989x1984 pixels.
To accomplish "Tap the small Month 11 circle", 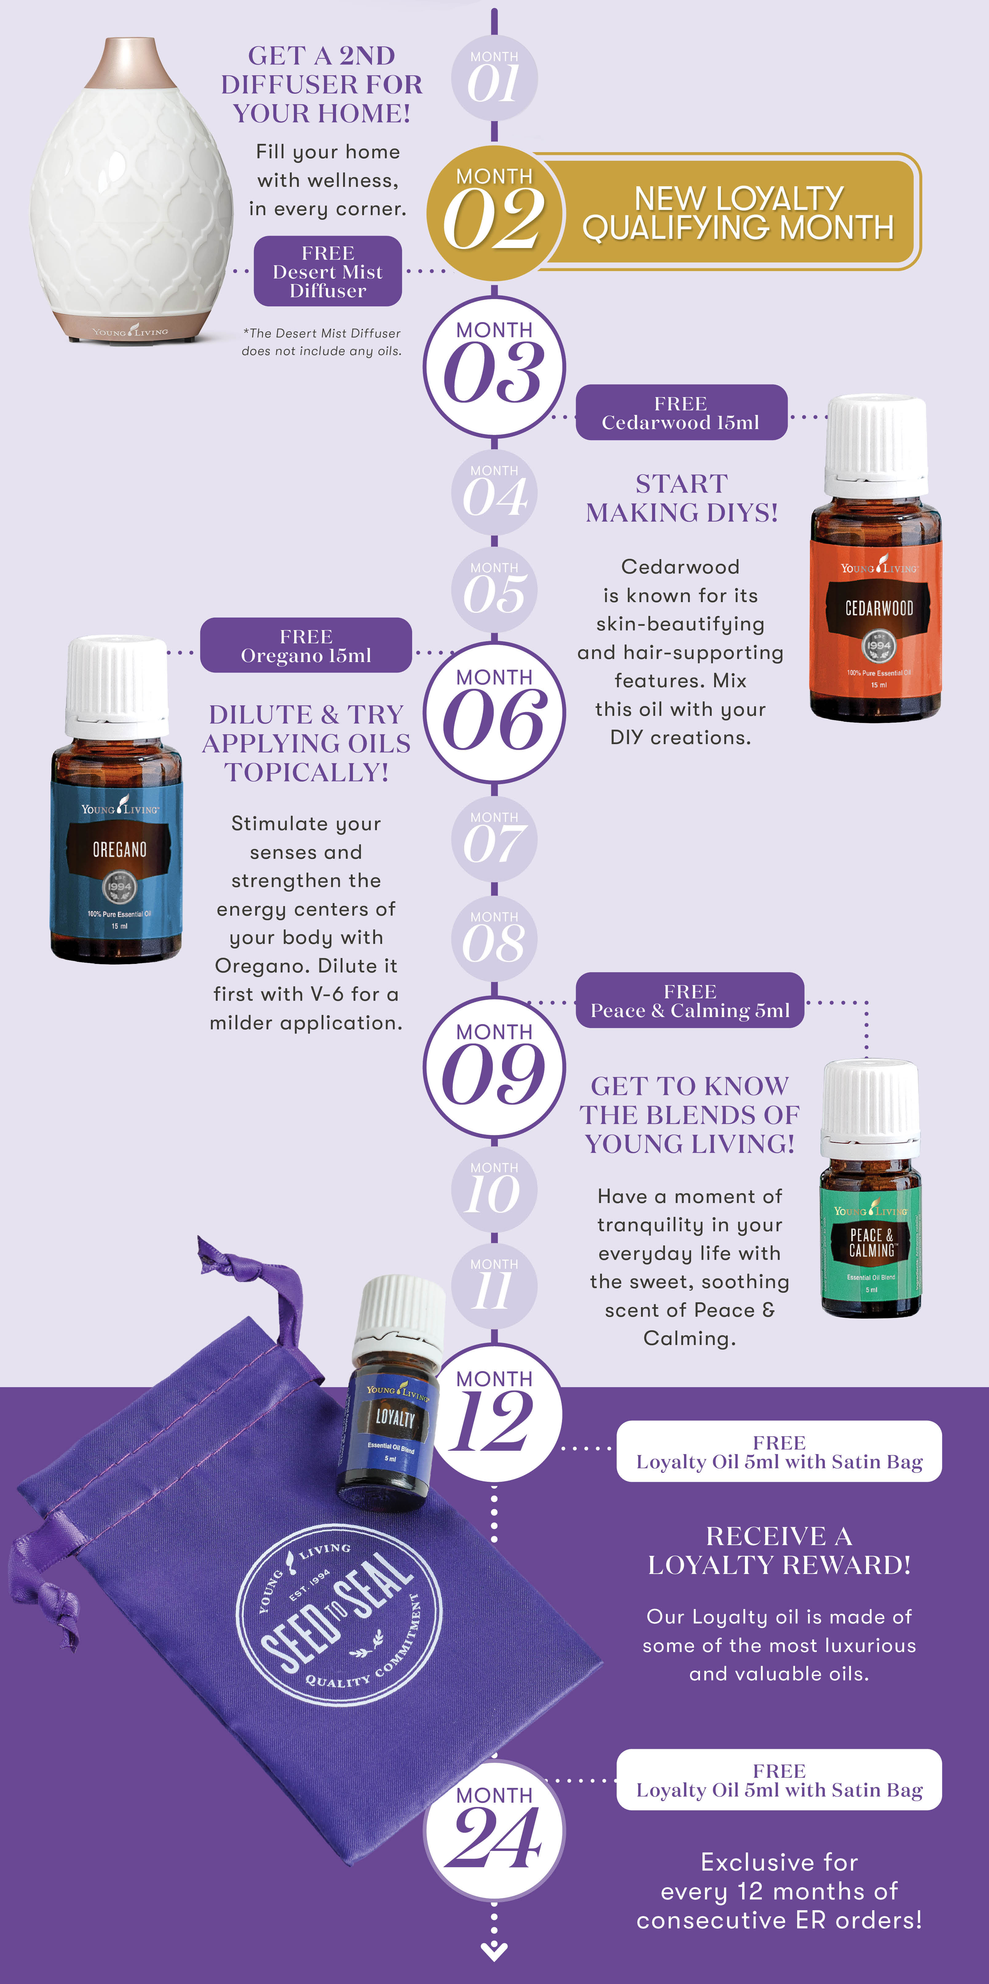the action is point(494,1286).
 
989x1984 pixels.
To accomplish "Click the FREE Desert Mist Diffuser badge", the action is point(328,271).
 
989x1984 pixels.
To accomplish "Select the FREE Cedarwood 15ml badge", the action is point(682,413).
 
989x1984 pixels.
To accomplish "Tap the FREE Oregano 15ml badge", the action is point(306,645).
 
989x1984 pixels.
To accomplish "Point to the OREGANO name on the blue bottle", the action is point(119,850).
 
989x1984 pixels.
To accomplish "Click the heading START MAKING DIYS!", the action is point(682,498).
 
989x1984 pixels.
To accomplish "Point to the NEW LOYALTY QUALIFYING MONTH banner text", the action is point(738,213).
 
